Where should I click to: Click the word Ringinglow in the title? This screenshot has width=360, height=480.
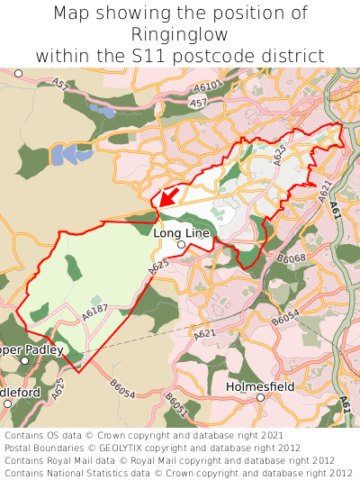tap(180, 34)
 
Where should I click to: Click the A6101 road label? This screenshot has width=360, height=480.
tap(207, 86)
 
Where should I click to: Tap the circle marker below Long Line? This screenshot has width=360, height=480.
tap(181, 244)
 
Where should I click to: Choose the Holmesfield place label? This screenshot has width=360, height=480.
tap(260, 385)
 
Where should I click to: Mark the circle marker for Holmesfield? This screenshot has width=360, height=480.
tap(260, 397)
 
